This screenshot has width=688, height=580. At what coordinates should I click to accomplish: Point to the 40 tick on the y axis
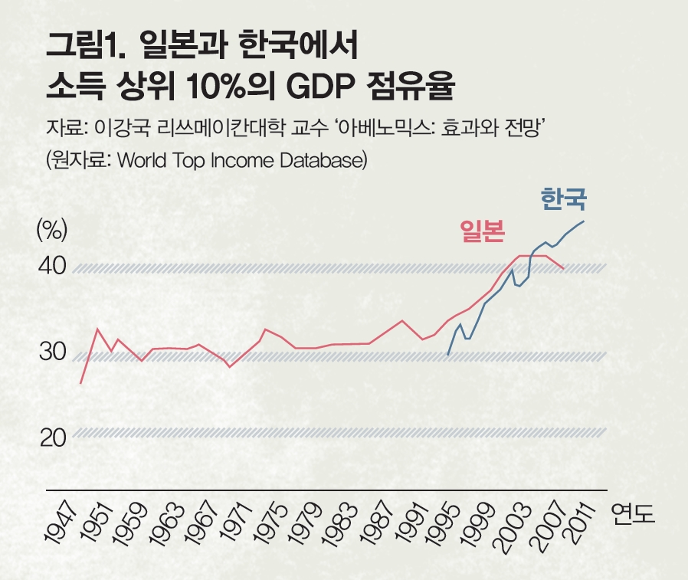53,267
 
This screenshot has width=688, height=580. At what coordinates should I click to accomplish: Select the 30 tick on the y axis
52,352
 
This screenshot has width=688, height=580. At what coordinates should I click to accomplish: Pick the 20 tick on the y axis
52,438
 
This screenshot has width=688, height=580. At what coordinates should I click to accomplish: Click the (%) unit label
52,228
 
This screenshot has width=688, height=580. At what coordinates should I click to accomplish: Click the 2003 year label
512,527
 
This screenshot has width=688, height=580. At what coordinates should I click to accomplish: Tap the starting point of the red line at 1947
80,382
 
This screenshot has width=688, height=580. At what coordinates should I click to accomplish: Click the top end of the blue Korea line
584,221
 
